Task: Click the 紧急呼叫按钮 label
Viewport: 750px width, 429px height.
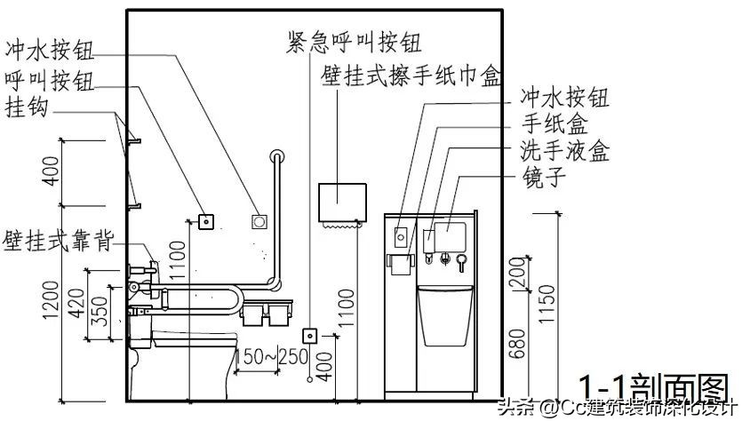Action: pyautogui.click(x=354, y=41)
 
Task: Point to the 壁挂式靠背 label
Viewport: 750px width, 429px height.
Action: pyautogui.click(x=57, y=240)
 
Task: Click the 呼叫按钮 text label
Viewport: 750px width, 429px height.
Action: pyautogui.click(x=50, y=78)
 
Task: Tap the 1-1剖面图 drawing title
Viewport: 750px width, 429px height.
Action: pyautogui.click(x=653, y=387)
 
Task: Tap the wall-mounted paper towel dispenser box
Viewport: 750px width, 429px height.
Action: pyautogui.click(x=342, y=203)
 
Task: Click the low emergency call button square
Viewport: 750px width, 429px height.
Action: pyautogui.click(x=310, y=336)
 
